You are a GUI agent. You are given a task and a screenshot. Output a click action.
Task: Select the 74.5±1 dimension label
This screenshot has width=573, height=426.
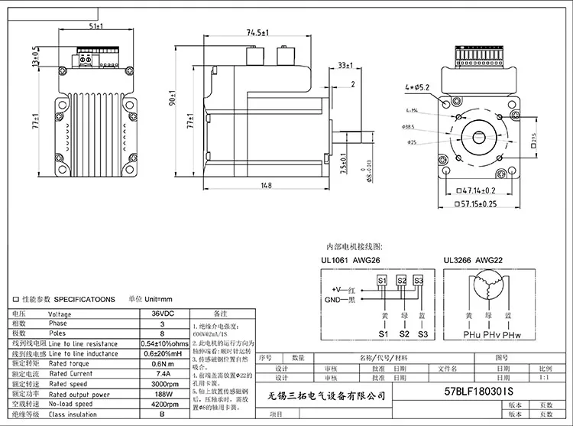pos(256,33)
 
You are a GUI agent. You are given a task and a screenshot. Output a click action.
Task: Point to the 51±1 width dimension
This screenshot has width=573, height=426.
pos(97,27)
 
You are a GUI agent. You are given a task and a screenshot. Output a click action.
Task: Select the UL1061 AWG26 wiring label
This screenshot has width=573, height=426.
pos(350,261)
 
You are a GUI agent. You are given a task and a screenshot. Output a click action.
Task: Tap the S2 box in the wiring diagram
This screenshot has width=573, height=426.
pos(400,281)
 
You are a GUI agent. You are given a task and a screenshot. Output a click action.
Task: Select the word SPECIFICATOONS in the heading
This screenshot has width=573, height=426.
pos(86,299)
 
